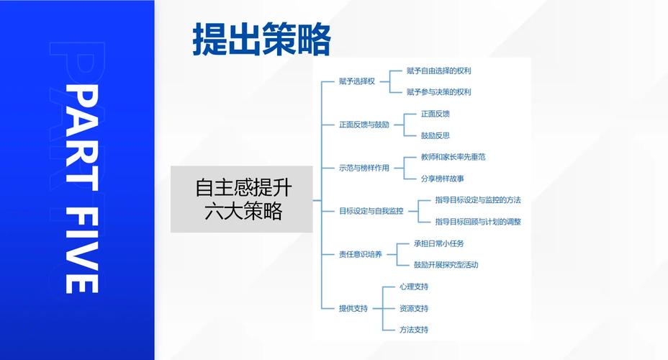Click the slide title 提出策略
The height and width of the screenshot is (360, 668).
[261, 40]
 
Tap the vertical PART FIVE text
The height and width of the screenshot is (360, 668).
[82, 189]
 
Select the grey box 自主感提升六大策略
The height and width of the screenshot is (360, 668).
[242, 199]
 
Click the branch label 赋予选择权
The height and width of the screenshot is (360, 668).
[357, 81]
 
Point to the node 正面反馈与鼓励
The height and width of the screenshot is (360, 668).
[364, 125]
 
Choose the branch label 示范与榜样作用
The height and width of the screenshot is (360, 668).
[364, 168]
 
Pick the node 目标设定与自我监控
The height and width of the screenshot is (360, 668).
[371, 211]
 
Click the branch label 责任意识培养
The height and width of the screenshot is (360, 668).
[361, 254]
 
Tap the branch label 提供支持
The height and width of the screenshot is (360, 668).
[353, 308]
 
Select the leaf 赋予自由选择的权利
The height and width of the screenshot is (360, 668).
[438, 71]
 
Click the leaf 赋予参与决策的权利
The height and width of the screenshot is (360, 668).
[438, 92]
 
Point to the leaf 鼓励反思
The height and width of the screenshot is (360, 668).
[435, 135]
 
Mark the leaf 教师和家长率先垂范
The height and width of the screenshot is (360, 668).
[453, 157]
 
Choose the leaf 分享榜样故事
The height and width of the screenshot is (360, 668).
[442, 179]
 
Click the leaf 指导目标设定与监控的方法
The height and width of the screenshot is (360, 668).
[478, 200]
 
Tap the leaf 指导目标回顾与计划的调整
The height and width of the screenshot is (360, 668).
[478, 222]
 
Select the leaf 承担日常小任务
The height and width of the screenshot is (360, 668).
[439, 243]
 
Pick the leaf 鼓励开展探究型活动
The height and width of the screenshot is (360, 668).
[446, 265]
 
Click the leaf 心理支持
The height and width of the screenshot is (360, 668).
[414, 287]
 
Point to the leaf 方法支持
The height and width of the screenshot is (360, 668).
[414, 329]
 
